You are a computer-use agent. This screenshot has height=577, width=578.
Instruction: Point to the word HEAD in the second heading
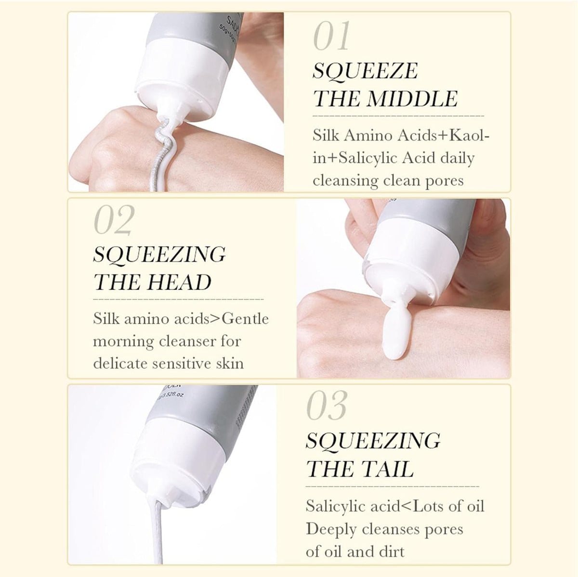tap(179, 282)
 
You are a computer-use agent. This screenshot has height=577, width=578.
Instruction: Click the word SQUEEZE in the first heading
tap(365, 71)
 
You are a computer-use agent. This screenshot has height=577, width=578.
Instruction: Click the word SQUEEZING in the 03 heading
tap(373, 441)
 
